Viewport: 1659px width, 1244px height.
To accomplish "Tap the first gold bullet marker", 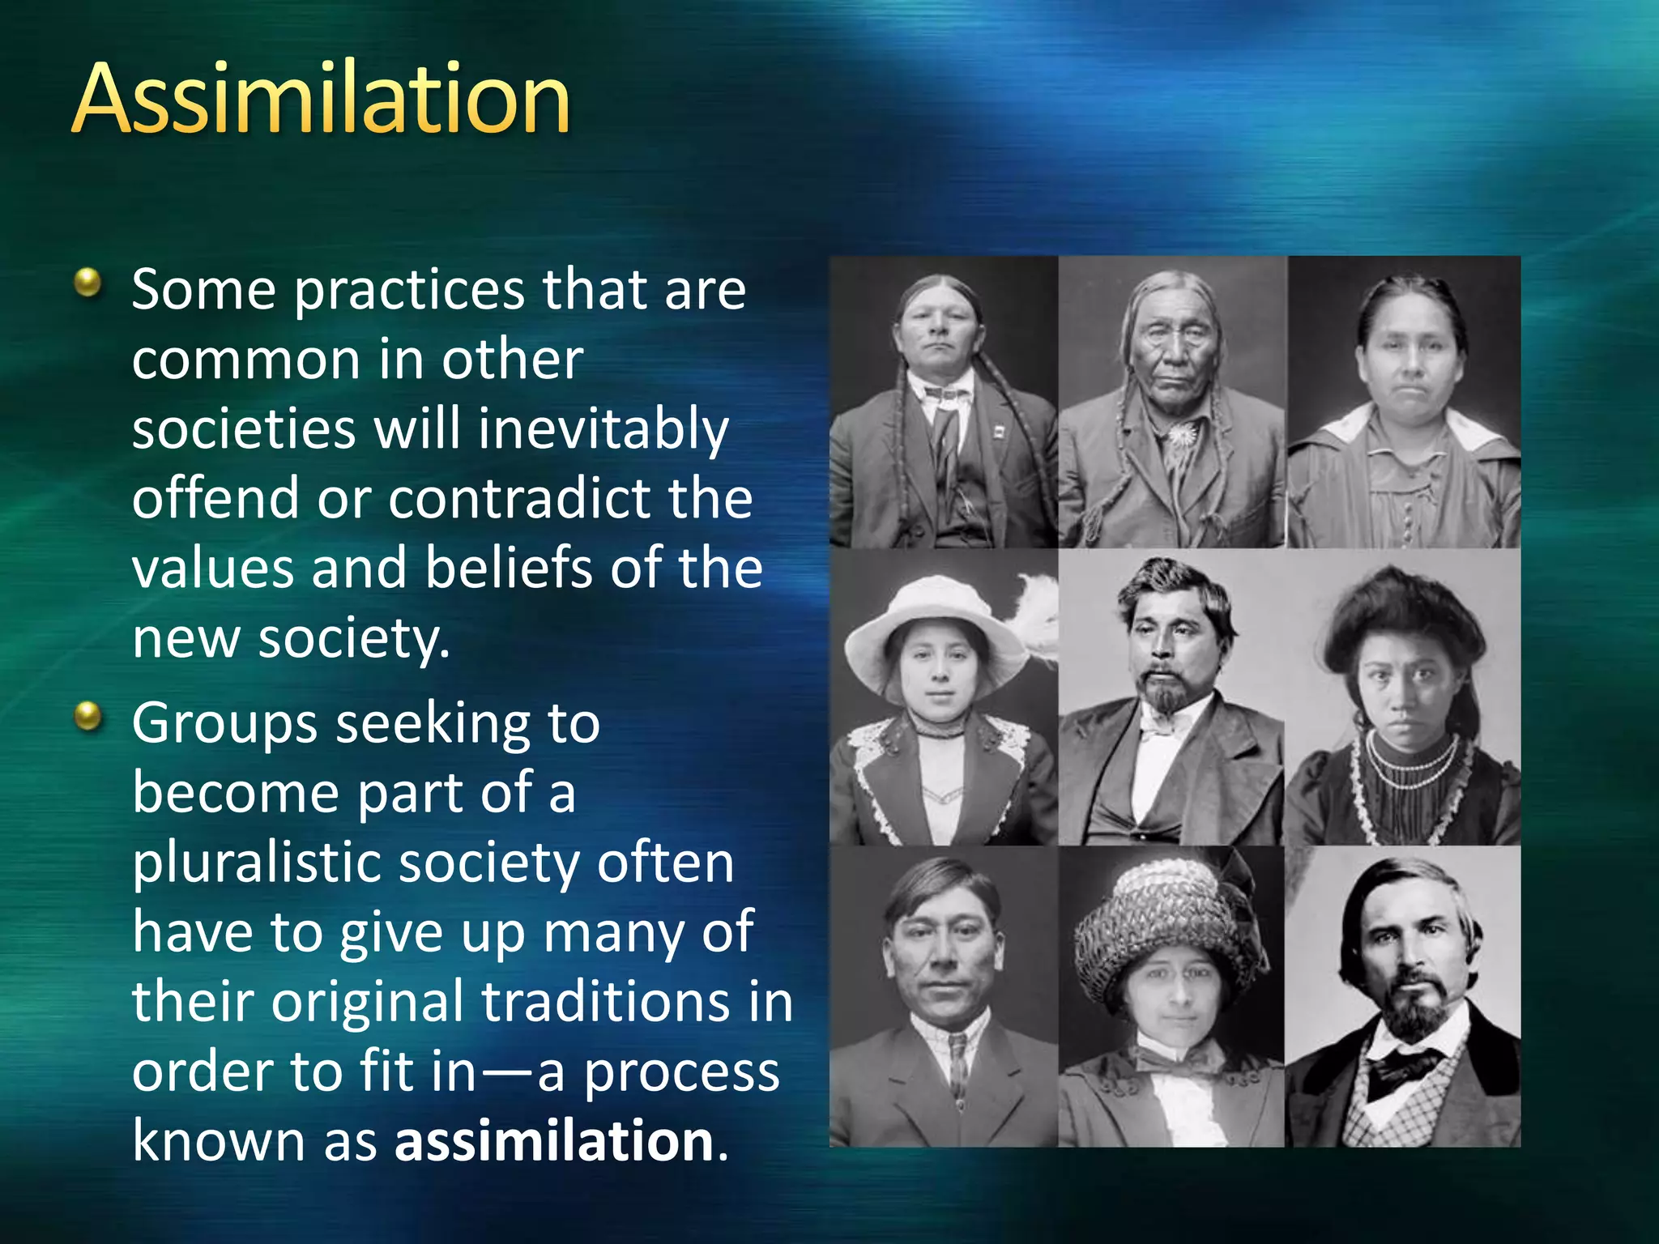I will [87, 283].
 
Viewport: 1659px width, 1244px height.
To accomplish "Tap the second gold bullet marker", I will [87, 716].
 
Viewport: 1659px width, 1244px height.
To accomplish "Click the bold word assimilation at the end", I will [554, 1140].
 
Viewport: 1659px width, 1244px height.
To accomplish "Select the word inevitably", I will [603, 429].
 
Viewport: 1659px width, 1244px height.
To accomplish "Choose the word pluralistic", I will [256, 863].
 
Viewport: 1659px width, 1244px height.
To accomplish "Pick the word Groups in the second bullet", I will [224, 722].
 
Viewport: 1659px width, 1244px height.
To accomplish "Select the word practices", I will [409, 290].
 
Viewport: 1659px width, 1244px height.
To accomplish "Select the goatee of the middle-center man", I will [1166, 692].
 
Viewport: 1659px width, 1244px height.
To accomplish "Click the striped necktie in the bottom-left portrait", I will [958, 1061].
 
